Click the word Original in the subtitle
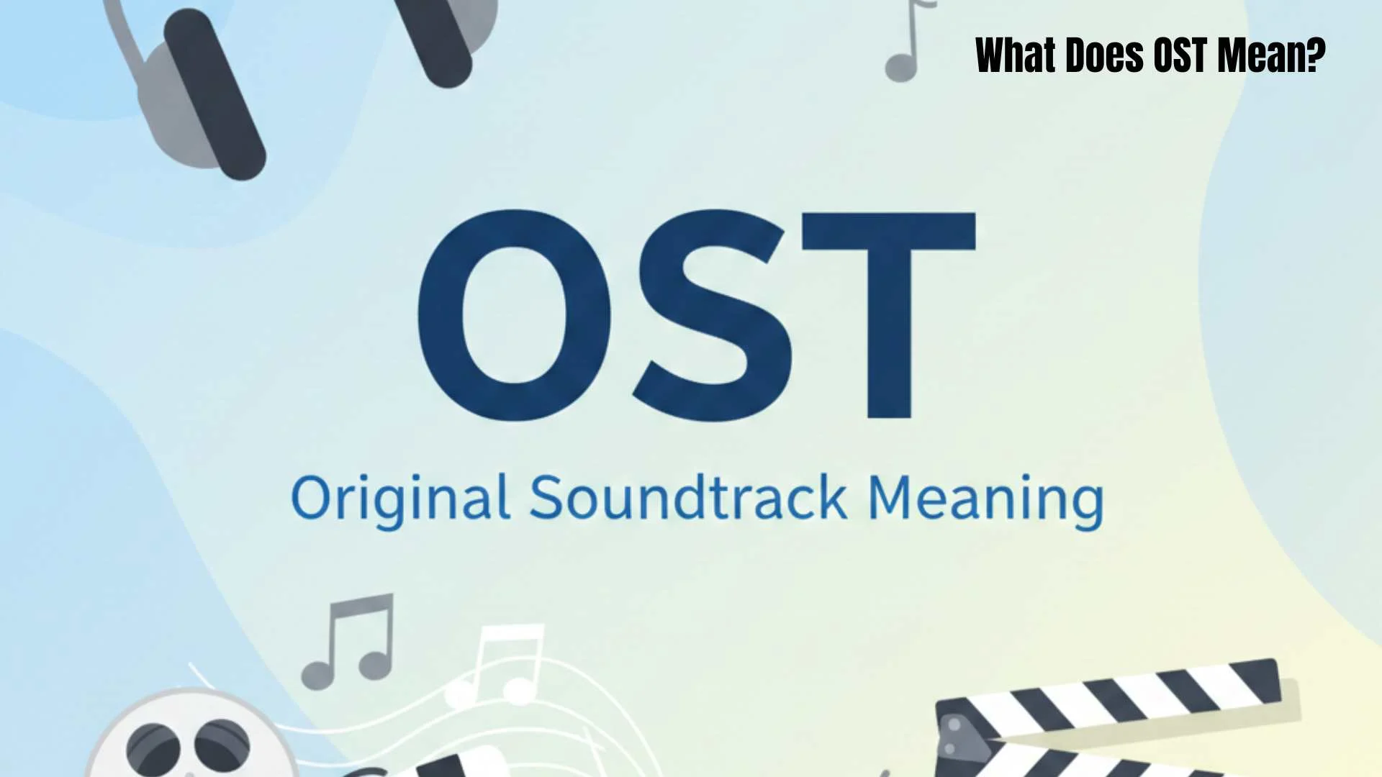pyautogui.click(x=400, y=499)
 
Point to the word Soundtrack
pyautogui.click(x=688, y=497)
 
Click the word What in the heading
pyautogui.click(x=1015, y=55)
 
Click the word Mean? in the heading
pyautogui.click(x=1270, y=55)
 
